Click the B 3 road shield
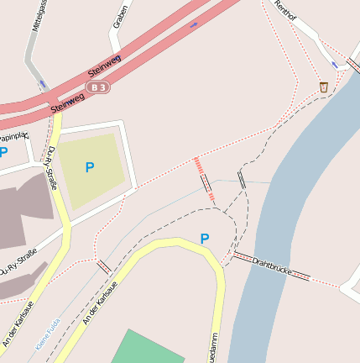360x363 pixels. click(x=100, y=87)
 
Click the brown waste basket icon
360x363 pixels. click(x=324, y=87)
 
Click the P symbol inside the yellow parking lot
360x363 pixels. click(x=90, y=167)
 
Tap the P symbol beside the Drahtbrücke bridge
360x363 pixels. click(x=204, y=239)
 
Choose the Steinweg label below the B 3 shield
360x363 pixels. click(x=67, y=103)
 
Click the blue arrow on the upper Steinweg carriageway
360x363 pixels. click(x=195, y=24)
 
